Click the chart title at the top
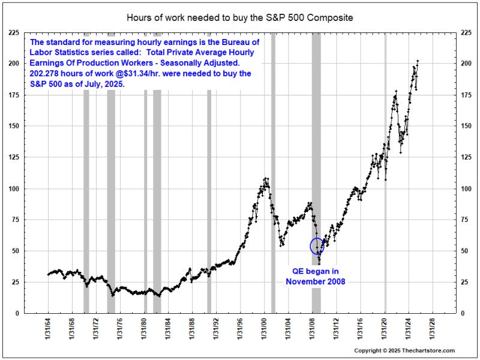click(239, 17)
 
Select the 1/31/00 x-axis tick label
click(264, 333)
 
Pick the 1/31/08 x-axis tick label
click(312, 333)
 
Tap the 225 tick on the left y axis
click(13, 34)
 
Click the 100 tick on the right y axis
click(466, 188)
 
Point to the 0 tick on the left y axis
click(17, 313)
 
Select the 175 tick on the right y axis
click(466, 95)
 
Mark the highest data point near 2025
click(417, 61)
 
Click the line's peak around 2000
click(265, 178)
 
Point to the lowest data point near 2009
click(319, 263)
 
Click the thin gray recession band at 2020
click(385, 180)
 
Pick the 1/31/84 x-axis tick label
click(168, 333)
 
